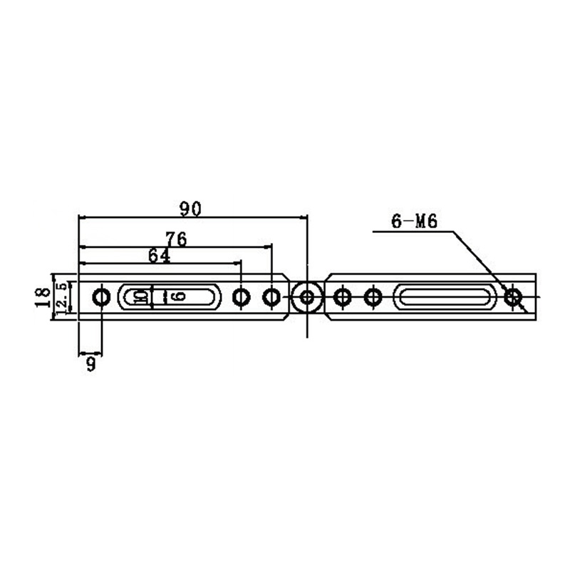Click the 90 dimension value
click(x=191, y=208)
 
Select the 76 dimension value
click(x=175, y=239)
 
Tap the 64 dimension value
click(x=159, y=255)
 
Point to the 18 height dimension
click(x=44, y=296)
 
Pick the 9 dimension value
click(x=90, y=365)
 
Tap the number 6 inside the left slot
click(x=177, y=296)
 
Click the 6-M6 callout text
click(x=414, y=222)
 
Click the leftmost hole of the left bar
click(x=102, y=296)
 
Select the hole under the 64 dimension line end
click(x=242, y=296)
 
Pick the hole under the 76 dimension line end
click(x=271, y=296)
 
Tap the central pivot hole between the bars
click(x=307, y=296)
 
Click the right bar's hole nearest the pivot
click(x=343, y=296)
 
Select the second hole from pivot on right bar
click(x=373, y=296)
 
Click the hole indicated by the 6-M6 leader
click(x=512, y=296)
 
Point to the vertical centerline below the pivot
click(x=307, y=326)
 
